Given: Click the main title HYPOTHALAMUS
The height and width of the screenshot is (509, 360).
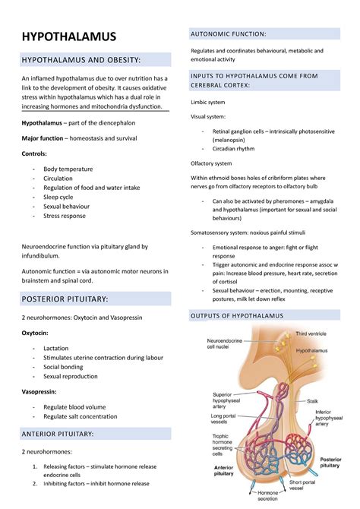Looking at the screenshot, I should (68, 36).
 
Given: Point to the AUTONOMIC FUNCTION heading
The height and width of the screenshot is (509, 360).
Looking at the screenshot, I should (229, 34).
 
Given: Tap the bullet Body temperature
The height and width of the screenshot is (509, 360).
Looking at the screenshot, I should (68, 169).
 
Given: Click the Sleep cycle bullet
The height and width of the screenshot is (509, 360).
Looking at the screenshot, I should (58, 196).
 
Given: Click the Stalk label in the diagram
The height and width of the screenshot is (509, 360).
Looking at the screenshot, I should (313, 400).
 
